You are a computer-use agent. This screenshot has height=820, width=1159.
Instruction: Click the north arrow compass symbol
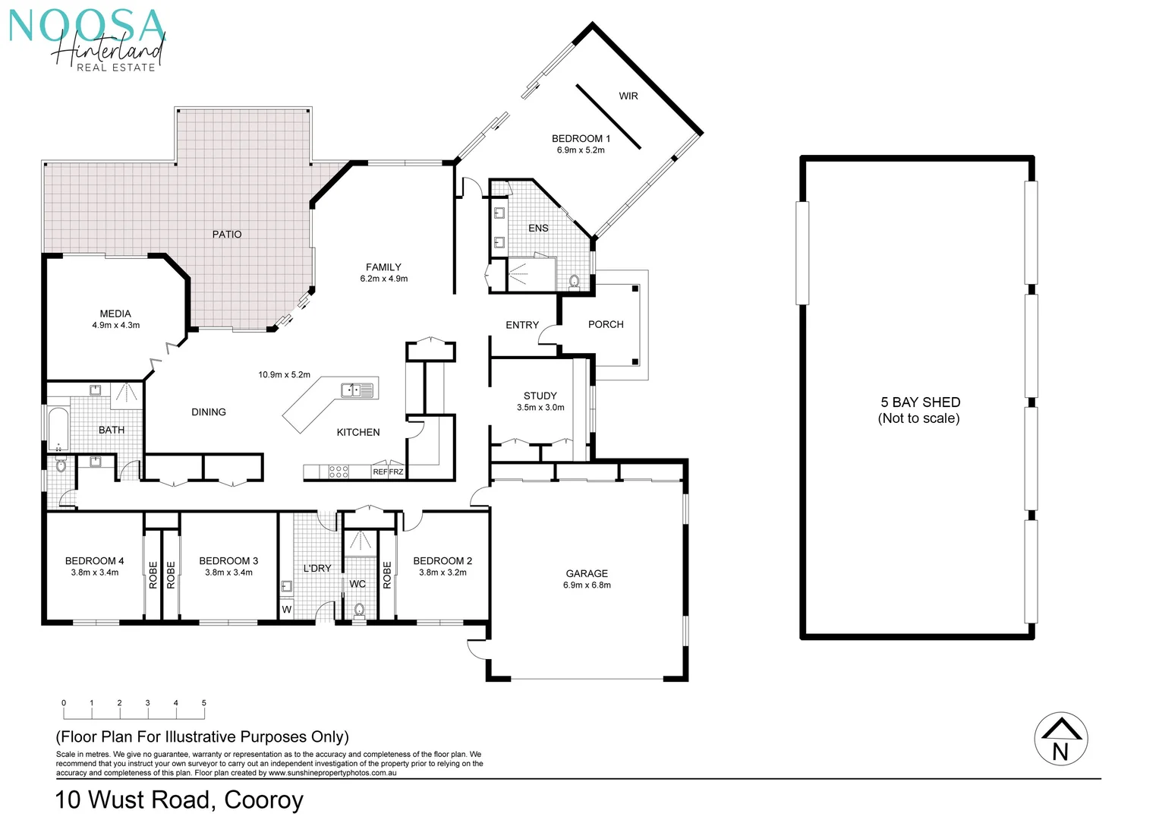[1060, 739]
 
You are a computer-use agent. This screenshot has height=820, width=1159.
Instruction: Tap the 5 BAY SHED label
[920, 402]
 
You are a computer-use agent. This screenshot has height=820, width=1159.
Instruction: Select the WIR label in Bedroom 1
[628, 96]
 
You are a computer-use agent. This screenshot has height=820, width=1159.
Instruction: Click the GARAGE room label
[587, 573]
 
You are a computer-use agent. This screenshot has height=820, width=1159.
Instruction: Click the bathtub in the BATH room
[58, 430]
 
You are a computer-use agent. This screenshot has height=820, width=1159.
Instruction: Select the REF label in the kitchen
[380, 472]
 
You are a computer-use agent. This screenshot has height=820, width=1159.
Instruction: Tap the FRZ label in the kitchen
[396, 472]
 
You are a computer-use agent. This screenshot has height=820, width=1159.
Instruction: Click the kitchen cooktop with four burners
[339, 471]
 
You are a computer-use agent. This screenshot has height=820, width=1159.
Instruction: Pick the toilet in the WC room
[360, 610]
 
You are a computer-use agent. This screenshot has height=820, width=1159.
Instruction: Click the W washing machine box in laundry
[286, 610]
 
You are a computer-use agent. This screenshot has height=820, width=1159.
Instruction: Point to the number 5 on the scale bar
[203, 703]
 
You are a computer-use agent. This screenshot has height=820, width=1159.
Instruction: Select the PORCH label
[606, 324]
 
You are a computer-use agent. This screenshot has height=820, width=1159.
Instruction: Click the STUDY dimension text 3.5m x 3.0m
[540, 408]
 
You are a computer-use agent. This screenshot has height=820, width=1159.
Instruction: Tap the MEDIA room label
[115, 314]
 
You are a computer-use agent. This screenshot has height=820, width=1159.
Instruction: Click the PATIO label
[226, 235]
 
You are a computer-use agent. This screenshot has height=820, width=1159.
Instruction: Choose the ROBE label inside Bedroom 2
[387, 575]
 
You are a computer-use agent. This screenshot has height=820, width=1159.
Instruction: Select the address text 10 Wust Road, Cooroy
[179, 799]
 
